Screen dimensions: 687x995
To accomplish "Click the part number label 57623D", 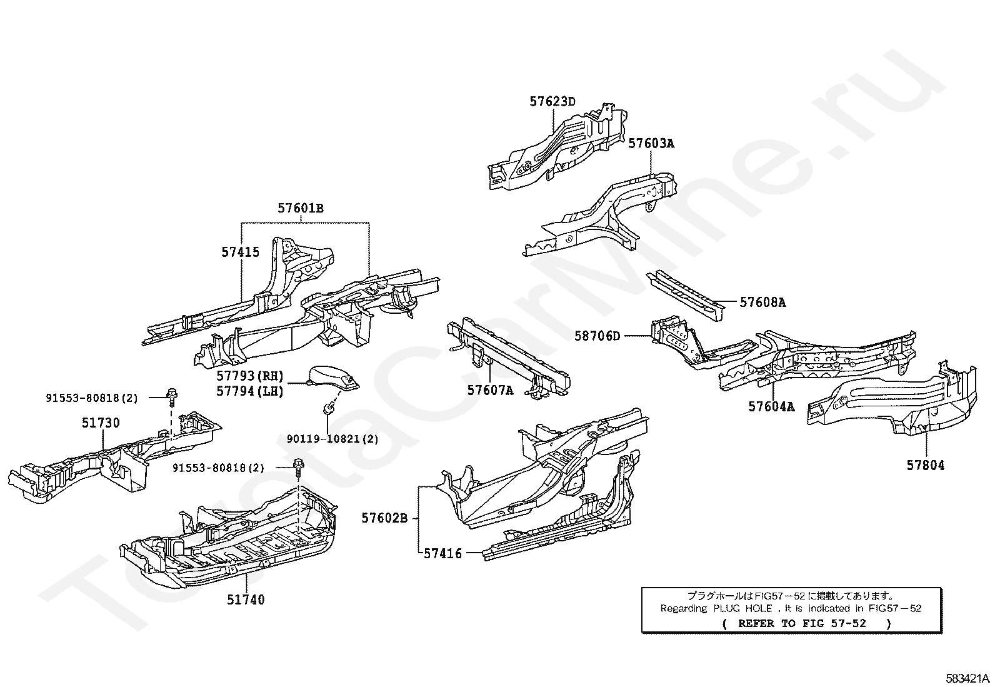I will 552,101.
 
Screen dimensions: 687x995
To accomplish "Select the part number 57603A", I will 651,143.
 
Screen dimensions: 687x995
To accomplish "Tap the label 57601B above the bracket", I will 301,209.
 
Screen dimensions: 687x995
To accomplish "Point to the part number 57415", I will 240,252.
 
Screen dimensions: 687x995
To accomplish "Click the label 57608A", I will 762,303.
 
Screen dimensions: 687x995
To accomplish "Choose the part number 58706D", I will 597,336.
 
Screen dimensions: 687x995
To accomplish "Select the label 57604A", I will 771,407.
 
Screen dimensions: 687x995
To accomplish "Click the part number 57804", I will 926,465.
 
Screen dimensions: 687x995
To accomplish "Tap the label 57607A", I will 490,391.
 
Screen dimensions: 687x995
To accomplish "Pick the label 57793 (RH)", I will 250,376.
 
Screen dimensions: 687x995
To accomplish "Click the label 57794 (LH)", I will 250,391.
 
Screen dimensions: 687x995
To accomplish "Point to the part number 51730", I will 101,423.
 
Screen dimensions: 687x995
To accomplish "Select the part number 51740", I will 246,600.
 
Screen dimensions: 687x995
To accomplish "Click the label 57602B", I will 384,518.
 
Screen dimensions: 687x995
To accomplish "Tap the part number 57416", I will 442,553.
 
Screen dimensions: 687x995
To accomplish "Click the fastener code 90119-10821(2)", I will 332,439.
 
